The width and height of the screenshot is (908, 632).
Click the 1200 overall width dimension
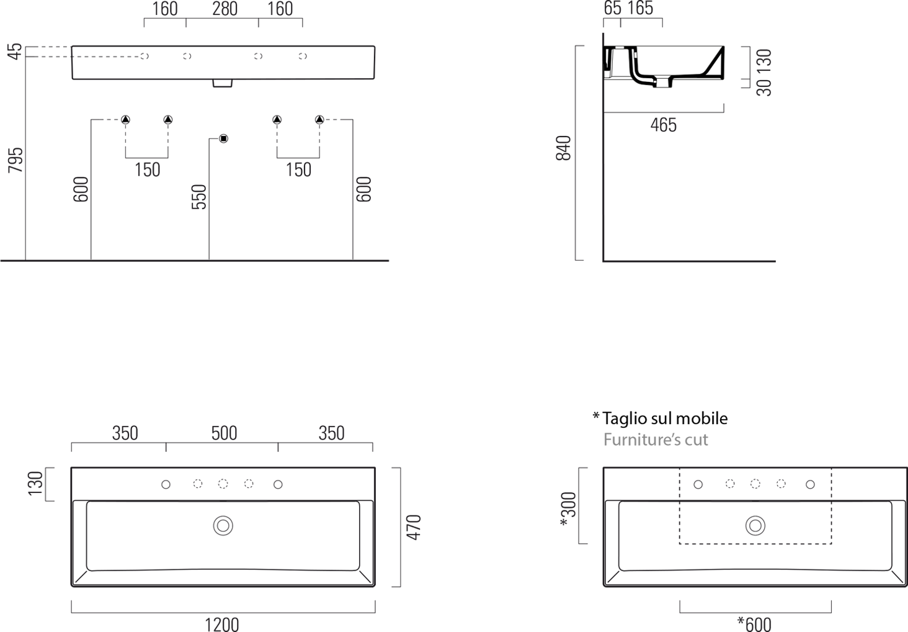222,625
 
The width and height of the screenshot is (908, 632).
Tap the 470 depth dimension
414,527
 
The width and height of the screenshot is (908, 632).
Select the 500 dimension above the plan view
224,433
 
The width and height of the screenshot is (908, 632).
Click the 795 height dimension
16,160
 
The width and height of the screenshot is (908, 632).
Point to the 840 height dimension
563,148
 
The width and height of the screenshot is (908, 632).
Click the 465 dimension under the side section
664,125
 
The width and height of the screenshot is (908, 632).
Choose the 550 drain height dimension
199,197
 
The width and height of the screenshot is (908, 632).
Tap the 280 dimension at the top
225,9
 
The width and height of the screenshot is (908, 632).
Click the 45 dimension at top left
15,52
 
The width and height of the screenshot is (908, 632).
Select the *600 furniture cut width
754,625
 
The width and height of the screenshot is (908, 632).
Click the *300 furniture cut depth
568,510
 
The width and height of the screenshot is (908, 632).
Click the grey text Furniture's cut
656,440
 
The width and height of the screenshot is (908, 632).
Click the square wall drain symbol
223,138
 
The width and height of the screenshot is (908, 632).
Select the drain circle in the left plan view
223,526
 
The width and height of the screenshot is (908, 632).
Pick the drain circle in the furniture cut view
755,526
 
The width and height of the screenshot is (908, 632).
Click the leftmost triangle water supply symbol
126,120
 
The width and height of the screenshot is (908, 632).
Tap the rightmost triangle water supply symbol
319,120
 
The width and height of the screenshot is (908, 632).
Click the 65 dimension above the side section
612,9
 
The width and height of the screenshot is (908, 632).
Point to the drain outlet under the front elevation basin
223,83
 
